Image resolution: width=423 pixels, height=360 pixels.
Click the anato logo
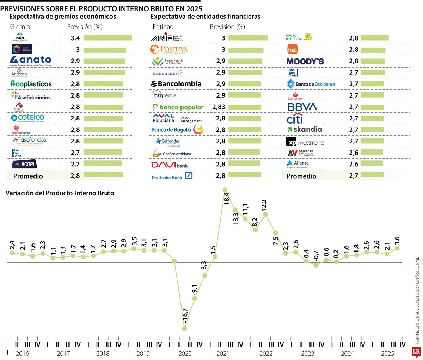coord(30,61)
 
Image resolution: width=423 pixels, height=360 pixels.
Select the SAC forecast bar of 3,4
coord(108,38)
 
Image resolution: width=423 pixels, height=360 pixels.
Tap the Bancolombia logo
coord(176,84)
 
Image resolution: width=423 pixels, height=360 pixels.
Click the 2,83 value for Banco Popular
coord(219,107)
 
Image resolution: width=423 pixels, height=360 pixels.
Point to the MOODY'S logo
coord(305,61)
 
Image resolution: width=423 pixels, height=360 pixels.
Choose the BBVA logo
coord(302,107)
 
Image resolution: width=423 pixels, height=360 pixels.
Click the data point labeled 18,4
coord(225,190)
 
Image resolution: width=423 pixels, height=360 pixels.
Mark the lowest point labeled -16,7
coord(184,328)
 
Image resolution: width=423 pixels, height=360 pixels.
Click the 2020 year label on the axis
coord(185,354)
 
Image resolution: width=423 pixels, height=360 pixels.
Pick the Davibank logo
coord(170,165)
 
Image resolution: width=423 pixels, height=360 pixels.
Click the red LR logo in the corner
coord(416,352)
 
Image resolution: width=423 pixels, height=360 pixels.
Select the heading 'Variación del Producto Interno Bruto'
coord(60,193)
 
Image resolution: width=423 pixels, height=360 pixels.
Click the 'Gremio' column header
coord(20,27)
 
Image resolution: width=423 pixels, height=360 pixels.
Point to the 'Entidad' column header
coord(163,27)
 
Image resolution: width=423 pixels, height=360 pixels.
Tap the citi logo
coord(295,119)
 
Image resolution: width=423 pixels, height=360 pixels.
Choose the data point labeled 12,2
coord(265,214)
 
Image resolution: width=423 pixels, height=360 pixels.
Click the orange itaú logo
coord(292,50)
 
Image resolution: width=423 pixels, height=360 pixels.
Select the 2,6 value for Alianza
coord(354,164)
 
